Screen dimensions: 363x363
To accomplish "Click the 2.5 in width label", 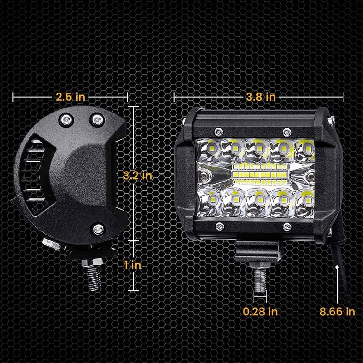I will tap(70, 97).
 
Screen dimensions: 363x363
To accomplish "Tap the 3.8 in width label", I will tap(260, 97).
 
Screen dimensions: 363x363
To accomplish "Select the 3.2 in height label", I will tap(137, 176).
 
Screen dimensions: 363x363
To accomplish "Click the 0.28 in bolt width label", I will tap(260, 311).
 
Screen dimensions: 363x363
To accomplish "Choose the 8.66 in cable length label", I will tap(337, 311).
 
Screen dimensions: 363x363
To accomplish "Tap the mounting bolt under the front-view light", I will tap(260, 277).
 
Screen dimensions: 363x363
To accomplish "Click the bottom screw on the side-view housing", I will tap(97, 228).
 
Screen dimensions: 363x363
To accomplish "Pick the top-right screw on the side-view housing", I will tap(97, 119).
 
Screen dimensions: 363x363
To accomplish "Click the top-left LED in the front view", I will tap(212, 148).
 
